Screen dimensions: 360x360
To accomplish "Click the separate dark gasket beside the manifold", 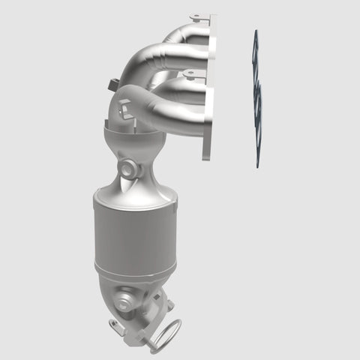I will pos(256,97).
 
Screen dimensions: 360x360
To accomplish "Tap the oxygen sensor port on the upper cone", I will pos(129,169).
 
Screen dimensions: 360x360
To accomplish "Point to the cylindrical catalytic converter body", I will pos(135,232).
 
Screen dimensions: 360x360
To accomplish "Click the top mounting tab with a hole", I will pos(198,16).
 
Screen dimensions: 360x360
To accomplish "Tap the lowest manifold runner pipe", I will pos(161,112).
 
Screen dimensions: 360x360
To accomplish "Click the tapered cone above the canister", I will pos(139,176).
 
